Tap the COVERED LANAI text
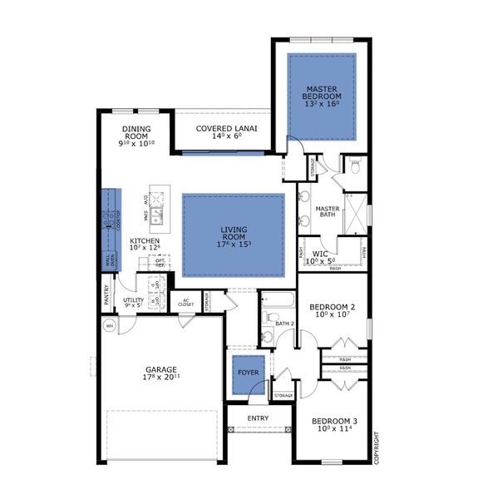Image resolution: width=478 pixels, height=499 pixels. pyautogui.click(x=226, y=129)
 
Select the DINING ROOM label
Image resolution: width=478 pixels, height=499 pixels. pyautogui.click(x=136, y=130)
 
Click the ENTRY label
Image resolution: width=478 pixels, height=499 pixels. pyautogui.click(x=259, y=417)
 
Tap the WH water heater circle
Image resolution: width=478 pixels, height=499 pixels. pyautogui.click(x=108, y=326)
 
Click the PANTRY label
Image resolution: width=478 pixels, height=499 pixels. pyautogui.click(x=106, y=294)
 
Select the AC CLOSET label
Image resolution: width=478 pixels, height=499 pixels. pyautogui.click(x=186, y=302)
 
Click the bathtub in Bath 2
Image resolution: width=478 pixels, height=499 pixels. pyautogui.click(x=273, y=301)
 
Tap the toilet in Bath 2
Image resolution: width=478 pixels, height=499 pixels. pyautogui.click(x=269, y=317)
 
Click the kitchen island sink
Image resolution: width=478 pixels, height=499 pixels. pyautogui.click(x=155, y=219)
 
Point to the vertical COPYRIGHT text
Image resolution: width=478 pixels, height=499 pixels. pyautogui.click(x=376, y=450)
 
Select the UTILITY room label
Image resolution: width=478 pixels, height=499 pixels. pyautogui.click(x=134, y=301)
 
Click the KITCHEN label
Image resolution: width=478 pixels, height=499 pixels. pyautogui.click(x=145, y=244)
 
